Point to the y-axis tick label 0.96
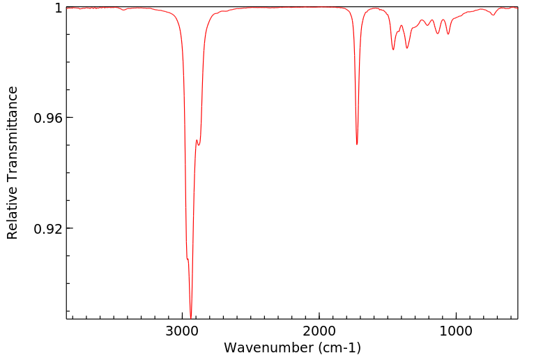[48, 118]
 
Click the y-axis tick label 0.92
[48, 229]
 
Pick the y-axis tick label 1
[59, 8]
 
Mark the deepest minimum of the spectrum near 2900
[191, 317]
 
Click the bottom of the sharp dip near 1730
[357, 144]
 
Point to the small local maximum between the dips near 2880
[197, 140]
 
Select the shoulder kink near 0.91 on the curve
[188, 259]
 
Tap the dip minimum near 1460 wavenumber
[393, 50]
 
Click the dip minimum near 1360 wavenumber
[407, 48]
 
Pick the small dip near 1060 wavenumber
[448, 34]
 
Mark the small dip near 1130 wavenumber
[438, 33]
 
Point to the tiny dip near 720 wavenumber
[494, 15]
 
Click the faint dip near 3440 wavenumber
[123, 10]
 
